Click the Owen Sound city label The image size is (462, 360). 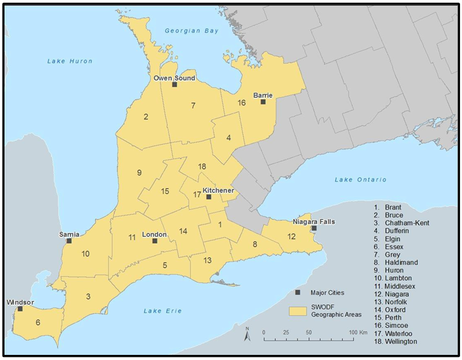tap(174, 78)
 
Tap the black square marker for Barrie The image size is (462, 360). tap(263, 102)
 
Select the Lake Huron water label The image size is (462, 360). tap(70, 61)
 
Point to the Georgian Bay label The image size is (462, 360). tap(191, 31)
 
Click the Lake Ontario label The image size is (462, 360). tap(360, 180)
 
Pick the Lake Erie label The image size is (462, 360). tap(163, 311)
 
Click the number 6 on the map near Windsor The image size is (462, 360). tap(38, 322)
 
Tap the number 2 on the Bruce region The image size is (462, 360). tap(146, 116)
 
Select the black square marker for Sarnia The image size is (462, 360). tap(69, 241)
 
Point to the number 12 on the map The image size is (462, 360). tap(292, 237)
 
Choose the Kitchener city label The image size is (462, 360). tap(218, 191)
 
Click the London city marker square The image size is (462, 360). tap(154, 241)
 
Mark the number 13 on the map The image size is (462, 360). tap(207, 260)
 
